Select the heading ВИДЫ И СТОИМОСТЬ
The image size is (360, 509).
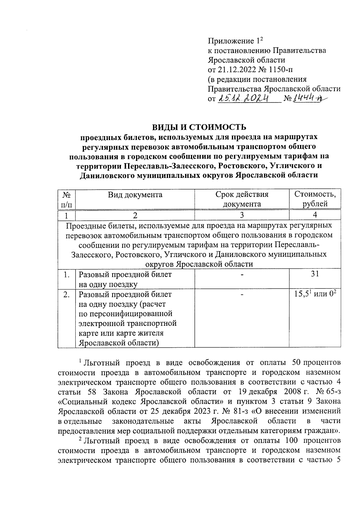point(199,127)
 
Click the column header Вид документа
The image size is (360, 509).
point(135,195)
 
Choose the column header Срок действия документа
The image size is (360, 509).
point(242,199)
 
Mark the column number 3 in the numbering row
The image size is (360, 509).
point(242,215)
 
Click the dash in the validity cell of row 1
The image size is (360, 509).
point(242,274)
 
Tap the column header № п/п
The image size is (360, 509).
point(66,199)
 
